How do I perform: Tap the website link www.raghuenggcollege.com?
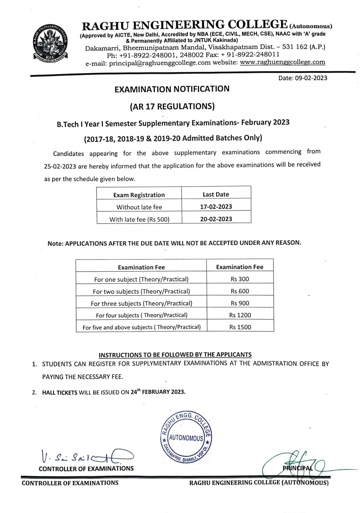click(283, 62)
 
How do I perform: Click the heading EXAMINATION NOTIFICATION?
click(172, 89)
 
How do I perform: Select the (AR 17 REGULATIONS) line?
click(172, 106)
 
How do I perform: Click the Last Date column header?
click(216, 194)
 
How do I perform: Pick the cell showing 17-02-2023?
click(216, 206)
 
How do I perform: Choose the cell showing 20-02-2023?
click(216, 219)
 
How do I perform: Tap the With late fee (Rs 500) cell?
click(139, 219)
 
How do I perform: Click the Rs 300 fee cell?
click(240, 279)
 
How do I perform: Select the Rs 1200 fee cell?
click(240, 315)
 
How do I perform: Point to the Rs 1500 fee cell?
click(240, 327)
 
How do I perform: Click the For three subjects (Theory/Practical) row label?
click(141, 303)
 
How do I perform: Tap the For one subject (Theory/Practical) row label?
click(141, 279)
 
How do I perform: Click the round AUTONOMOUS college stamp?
click(186, 437)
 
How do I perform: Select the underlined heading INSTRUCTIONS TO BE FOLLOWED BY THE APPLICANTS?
click(175, 355)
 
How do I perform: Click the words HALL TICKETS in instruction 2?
click(60, 392)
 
